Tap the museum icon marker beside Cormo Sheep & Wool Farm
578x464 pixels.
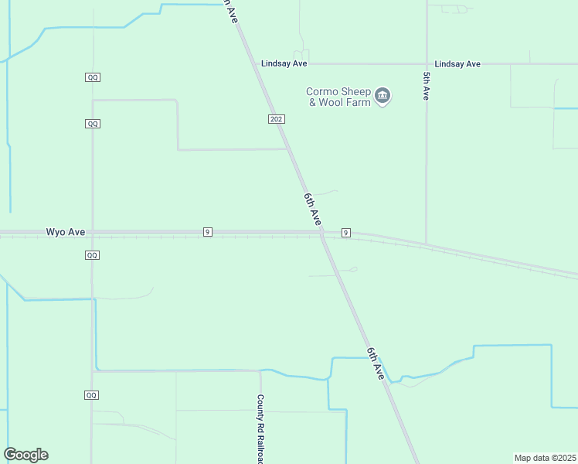point(382,96)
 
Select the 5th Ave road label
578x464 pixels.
point(426,85)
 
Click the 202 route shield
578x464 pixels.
point(277,119)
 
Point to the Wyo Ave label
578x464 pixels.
point(65,231)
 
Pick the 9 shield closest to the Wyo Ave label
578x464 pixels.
point(208,232)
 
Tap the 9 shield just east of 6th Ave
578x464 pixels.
point(345,233)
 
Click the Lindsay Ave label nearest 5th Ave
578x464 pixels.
point(457,64)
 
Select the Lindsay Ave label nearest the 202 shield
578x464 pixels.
point(284,64)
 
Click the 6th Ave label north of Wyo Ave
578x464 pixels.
point(311,209)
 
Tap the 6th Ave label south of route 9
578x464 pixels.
point(376,363)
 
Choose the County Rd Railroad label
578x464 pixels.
point(261,429)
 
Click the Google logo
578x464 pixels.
point(25,455)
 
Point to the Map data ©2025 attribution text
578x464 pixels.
point(545,458)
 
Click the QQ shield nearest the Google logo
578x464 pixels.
point(92,395)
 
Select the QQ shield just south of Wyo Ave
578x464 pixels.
point(92,254)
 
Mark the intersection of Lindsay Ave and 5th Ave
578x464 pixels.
point(427,64)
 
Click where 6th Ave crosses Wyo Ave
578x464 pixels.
point(321,232)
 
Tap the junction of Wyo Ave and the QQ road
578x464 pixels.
point(92,232)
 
